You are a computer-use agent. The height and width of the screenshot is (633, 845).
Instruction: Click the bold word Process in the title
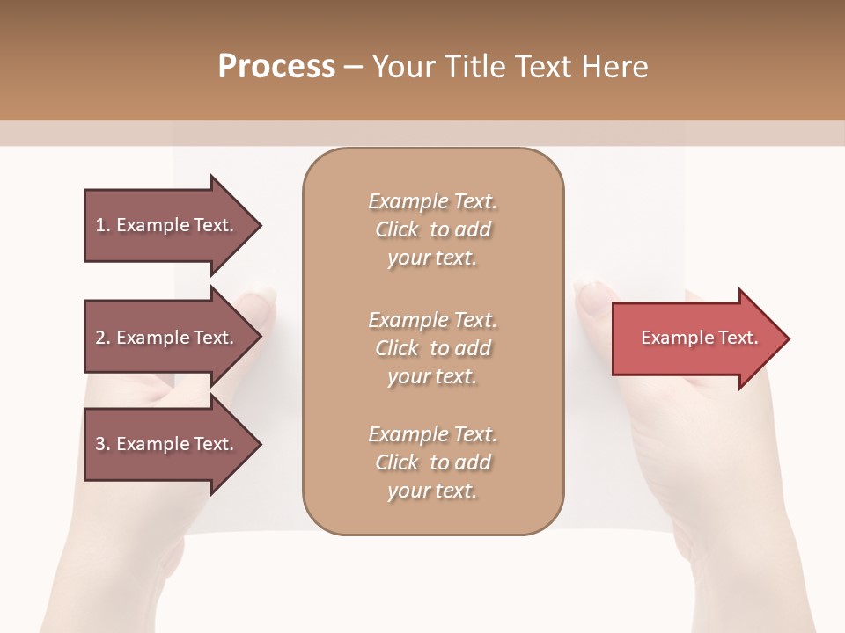click(x=276, y=67)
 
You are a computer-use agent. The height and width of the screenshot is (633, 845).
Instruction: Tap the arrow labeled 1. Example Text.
click(x=167, y=225)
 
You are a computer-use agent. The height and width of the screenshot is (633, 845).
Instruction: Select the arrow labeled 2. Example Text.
click(x=167, y=338)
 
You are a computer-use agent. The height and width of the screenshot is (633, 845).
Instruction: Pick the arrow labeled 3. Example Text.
click(x=167, y=444)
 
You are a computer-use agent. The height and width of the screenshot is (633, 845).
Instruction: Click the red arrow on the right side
click(x=695, y=338)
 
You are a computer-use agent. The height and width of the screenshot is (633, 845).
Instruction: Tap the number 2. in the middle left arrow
click(x=103, y=338)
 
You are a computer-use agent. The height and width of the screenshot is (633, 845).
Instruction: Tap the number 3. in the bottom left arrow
click(x=103, y=444)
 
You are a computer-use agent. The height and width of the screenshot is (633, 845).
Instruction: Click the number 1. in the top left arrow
click(x=103, y=225)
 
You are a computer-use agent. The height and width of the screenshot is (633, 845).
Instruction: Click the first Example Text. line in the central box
click(x=432, y=201)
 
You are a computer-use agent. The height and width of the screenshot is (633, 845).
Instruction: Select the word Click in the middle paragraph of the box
click(x=396, y=348)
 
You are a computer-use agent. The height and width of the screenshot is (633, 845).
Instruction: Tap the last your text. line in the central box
click(x=432, y=491)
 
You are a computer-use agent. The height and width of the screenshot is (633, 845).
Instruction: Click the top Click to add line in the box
click(x=432, y=229)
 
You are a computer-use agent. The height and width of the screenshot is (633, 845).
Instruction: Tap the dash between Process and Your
click(x=353, y=68)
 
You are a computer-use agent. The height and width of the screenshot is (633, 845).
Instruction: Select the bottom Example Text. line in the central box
click(x=432, y=434)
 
